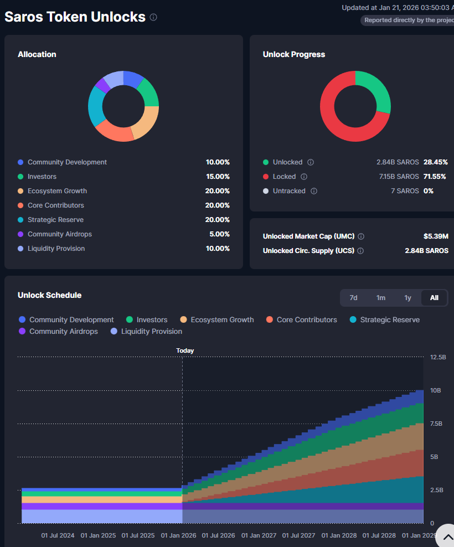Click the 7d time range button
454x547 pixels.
[x=353, y=298]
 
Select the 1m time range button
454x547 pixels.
[x=381, y=298]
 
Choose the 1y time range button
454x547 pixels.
[x=407, y=298]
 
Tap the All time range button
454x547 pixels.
[x=434, y=298]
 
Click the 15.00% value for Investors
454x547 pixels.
[x=218, y=177]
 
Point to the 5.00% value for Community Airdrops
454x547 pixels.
[x=219, y=234]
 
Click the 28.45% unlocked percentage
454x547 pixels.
[x=436, y=162]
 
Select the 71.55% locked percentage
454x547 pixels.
[x=436, y=177]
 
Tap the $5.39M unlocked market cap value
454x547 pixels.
[x=436, y=236]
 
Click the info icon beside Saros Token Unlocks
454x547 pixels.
[x=153, y=17]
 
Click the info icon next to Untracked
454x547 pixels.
[x=314, y=191]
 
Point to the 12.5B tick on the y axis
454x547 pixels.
[x=438, y=357]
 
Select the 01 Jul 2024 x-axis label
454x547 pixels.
[x=58, y=536]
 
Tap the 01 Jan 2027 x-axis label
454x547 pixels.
[x=259, y=536]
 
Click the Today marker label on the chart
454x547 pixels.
[x=185, y=350]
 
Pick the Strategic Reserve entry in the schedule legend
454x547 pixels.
[x=390, y=319]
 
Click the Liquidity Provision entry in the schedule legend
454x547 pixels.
[x=151, y=332]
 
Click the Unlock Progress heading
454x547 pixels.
[x=293, y=54]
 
